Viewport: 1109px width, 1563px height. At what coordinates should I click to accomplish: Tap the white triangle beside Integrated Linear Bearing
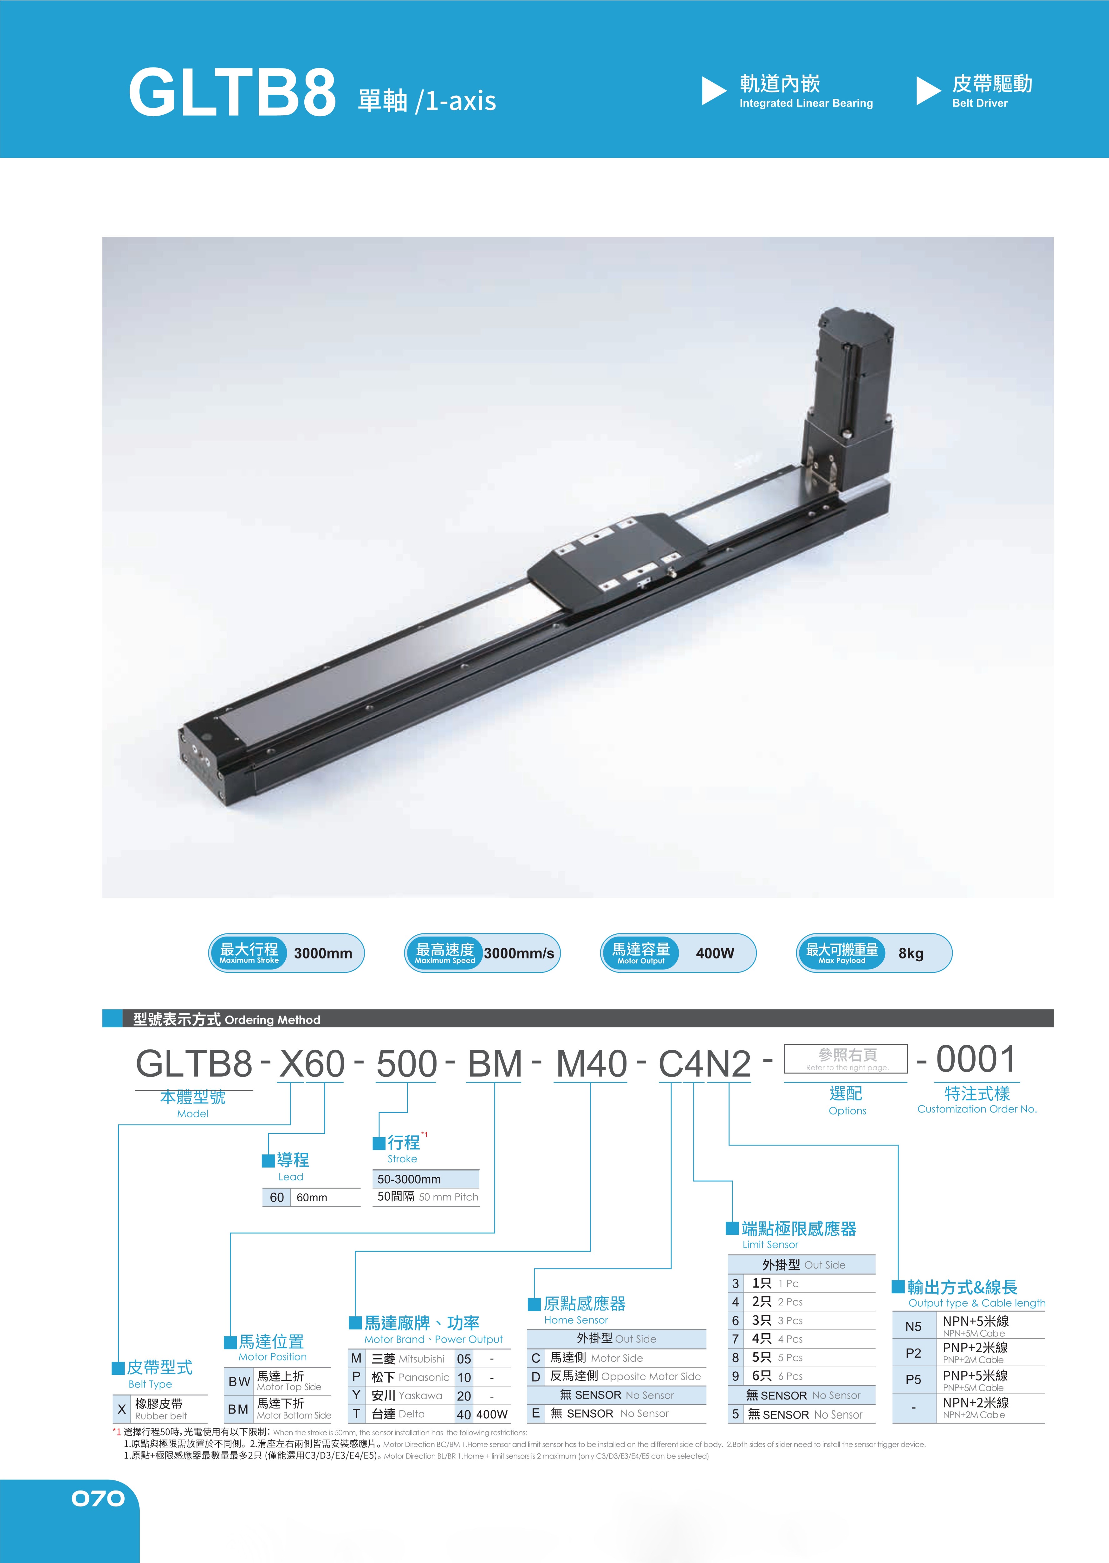(714, 91)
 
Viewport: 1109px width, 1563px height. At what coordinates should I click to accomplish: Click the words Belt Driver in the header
(980, 103)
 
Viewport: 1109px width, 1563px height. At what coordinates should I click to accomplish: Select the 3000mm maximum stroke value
(323, 953)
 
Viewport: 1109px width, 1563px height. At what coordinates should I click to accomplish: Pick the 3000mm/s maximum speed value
(519, 953)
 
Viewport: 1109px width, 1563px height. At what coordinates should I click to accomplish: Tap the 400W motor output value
(715, 953)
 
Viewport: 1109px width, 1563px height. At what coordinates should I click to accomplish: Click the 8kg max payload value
(911, 953)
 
